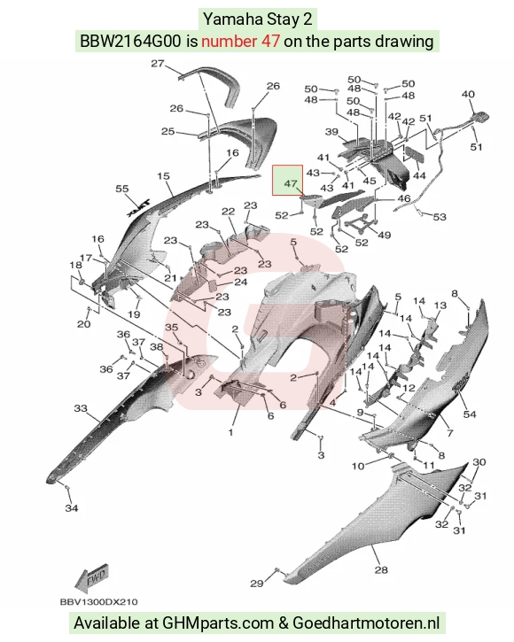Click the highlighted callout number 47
point(290,183)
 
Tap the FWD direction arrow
point(92,577)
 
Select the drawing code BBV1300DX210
point(98,602)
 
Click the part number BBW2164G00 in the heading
point(130,42)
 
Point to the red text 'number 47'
point(240,42)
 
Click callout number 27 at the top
point(158,64)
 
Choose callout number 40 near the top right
point(468,94)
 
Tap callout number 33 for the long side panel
point(81,408)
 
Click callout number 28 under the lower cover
point(381,569)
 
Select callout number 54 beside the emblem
point(470,414)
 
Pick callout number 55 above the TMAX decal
point(122,189)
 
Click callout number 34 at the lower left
point(71,508)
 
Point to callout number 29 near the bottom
point(257,583)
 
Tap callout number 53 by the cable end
point(439,216)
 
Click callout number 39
point(331,132)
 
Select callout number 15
point(163,176)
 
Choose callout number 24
point(240,282)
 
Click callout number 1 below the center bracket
point(230,432)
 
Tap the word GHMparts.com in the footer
point(218,623)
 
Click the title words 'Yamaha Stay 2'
point(258,19)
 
